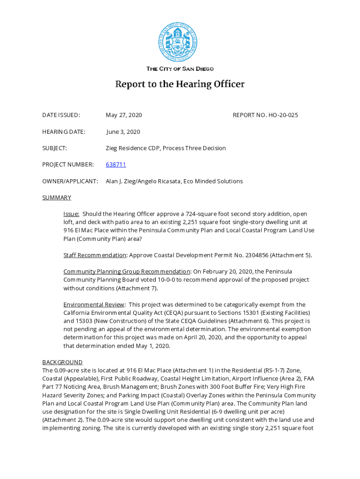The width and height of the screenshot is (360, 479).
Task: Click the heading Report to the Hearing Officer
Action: [x=180, y=85]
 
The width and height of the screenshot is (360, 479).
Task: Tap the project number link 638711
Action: [x=116, y=165]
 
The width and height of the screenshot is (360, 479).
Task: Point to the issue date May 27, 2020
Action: [x=124, y=115]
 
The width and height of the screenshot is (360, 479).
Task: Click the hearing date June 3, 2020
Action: [x=123, y=132]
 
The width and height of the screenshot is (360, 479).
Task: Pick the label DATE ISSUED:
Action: [x=61, y=115]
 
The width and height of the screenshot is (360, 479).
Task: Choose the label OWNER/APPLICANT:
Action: [x=70, y=181]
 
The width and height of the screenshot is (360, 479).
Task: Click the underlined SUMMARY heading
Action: [x=57, y=197]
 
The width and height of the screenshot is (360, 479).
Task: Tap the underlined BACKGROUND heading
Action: [x=62, y=362]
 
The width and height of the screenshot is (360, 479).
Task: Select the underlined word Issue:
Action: [x=72, y=214]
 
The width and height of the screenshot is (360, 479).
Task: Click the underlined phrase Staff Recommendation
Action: [x=95, y=255]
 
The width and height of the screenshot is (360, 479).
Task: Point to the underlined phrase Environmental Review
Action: [x=94, y=305]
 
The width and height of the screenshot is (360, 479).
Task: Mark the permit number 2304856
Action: [x=253, y=255]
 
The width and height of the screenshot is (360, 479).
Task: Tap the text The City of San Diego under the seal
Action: [x=180, y=69]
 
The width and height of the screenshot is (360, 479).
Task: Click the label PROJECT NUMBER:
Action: [x=68, y=165]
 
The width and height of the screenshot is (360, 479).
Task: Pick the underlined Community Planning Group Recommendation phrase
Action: [x=127, y=271]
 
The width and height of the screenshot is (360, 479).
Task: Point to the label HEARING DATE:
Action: [x=64, y=132]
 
